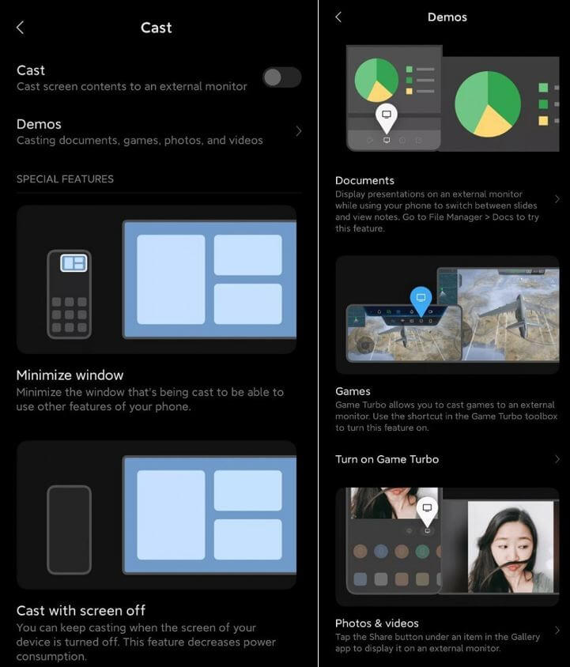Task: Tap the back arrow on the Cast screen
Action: (x=21, y=28)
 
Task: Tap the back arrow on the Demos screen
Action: (x=338, y=17)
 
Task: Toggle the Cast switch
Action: (x=281, y=77)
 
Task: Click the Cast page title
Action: (x=156, y=28)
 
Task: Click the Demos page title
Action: (x=447, y=17)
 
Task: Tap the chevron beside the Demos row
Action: (x=298, y=131)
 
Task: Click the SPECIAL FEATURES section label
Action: (x=65, y=179)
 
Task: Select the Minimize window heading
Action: (x=70, y=375)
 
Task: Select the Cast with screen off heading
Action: (x=81, y=610)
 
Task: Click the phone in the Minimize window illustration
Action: (x=69, y=294)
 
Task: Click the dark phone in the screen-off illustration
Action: (x=69, y=529)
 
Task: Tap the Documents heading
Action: (x=364, y=180)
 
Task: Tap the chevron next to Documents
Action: (x=557, y=199)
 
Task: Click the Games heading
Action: (x=353, y=391)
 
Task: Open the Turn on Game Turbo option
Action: (x=387, y=459)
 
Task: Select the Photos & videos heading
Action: (x=376, y=623)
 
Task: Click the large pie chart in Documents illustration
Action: (x=488, y=104)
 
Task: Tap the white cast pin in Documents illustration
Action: (x=386, y=116)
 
